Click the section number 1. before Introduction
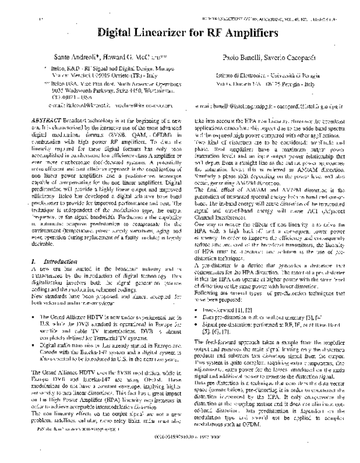coord(32,263)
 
